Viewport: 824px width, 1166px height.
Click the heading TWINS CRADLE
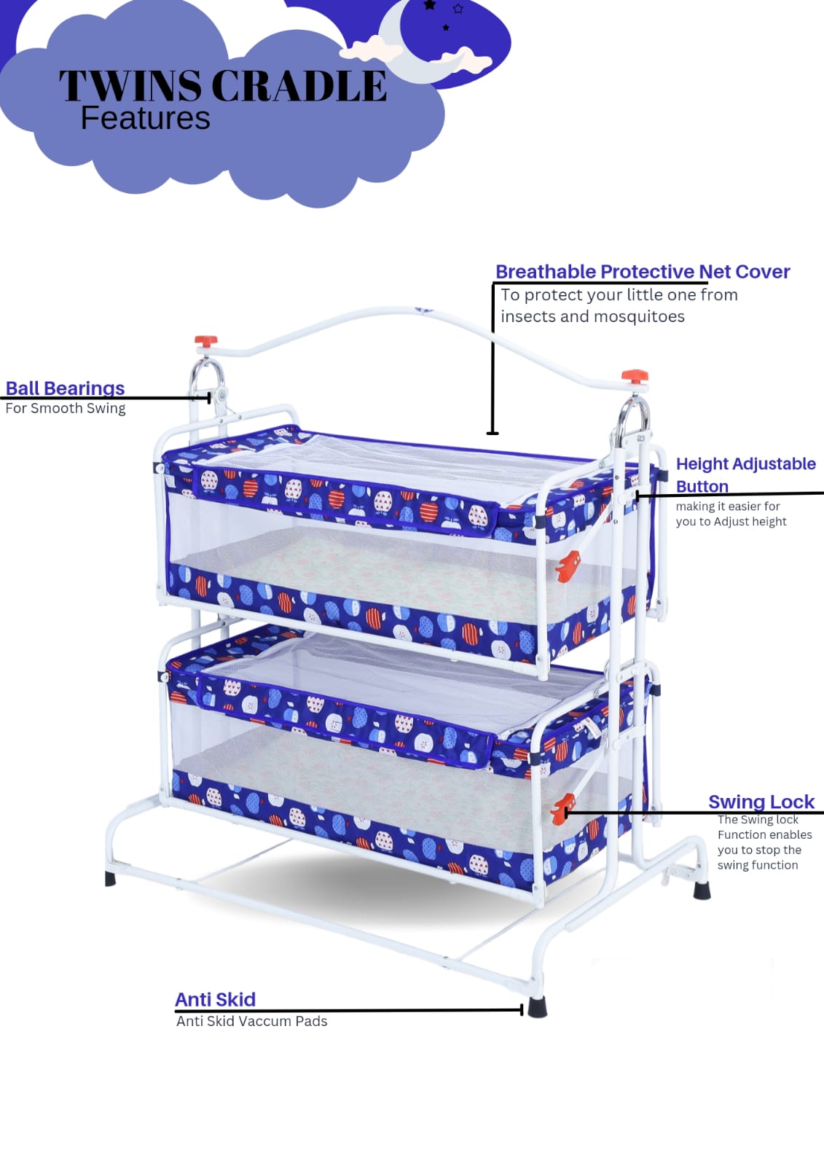[222, 86]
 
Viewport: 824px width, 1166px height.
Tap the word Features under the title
[145, 118]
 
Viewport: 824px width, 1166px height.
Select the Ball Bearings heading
[65, 388]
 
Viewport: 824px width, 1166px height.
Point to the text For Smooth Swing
[66, 408]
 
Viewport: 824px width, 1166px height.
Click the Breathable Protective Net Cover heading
[643, 272]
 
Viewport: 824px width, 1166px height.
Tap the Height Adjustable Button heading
[745, 474]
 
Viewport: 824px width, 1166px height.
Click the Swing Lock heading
[761, 802]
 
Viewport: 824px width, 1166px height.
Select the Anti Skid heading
[215, 999]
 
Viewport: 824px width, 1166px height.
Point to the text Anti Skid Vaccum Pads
[251, 1021]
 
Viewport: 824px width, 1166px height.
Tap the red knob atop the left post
[205, 341]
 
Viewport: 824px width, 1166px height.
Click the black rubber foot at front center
[537, 1006]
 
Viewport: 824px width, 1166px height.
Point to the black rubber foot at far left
[111, 878]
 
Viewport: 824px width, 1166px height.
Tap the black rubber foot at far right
[702, 890]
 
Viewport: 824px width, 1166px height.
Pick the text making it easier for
[727, 506]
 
